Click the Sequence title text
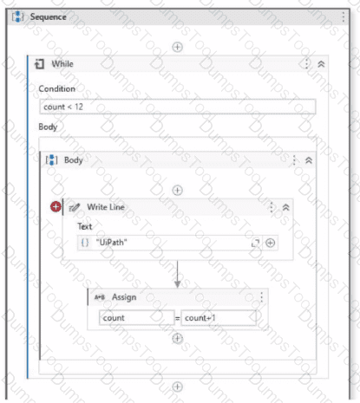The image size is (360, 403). pyautogui.click(x=49, y=16)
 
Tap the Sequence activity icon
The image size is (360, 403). pyautogui.click(x=17, y=16)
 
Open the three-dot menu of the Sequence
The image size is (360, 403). pyautogui.click(x=344, y=16)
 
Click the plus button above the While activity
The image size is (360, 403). pyautogui.click(x=177, y=47)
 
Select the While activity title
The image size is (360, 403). pyautogui.click(x=62, y=63)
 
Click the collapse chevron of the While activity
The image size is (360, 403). pyautogui.click(x=321, y=64)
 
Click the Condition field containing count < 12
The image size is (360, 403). pyautogui.click(x=177, y=107)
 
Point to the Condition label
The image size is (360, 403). pyautogui.click(x=57, y=88)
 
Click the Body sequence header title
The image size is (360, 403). pyautogui.click(x=74, y=159)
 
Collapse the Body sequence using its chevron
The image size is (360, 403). pyautogui.click(x=309, y=160)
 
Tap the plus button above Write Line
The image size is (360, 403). pyautogui.click(x=177, y=191)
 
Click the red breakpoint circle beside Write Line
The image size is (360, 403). pyautogui.click(x=56, y=206)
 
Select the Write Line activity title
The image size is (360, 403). pyautogui.click(x=106, y=207)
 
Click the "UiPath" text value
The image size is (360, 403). pyautogui.click(x=112, y=242)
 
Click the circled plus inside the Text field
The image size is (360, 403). pyautogui.click(x=270, y=243)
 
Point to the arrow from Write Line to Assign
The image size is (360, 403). pyautogui.click(x=178, y=275)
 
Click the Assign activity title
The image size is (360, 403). pyautogui.click(x=124, y=297)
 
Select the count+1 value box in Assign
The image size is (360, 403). pyautogui.click(x=219, y=318)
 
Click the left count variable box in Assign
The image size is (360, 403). pyautogui.click(x=137, y=318)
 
